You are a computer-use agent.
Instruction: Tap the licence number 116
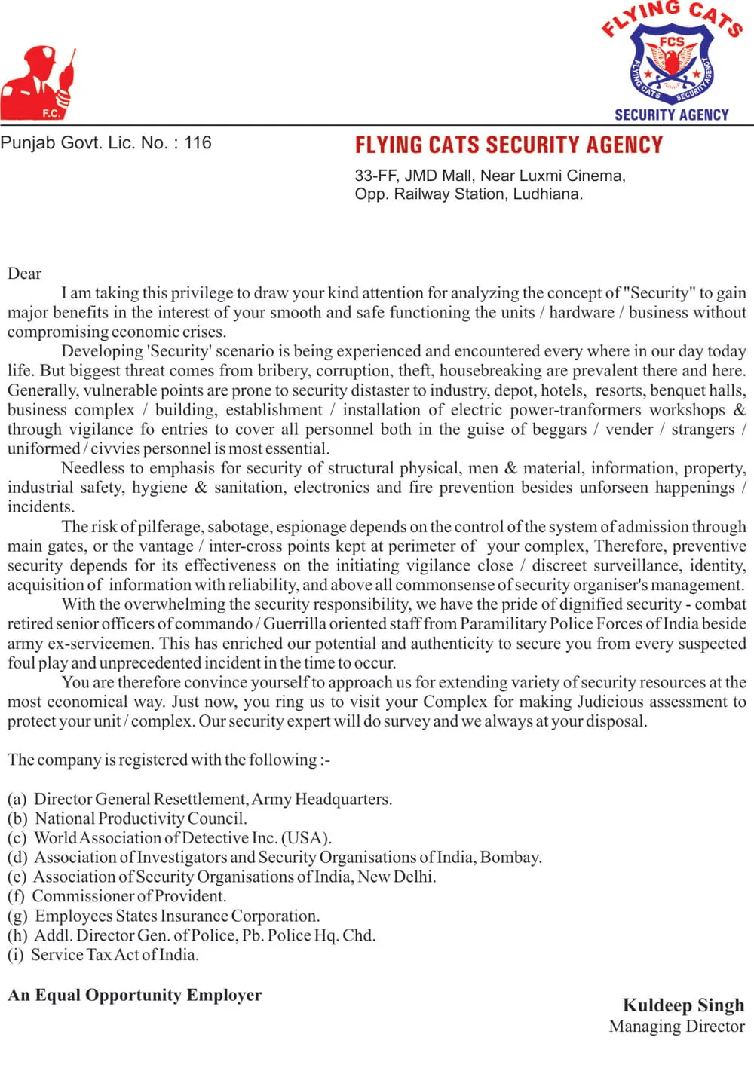click(x=198, y=142)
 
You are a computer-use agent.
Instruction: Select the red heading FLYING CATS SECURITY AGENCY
click(x=508, y=145)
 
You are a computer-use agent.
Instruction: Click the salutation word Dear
click(x=24, y=274)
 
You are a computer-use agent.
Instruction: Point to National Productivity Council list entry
click(x=140, y=818)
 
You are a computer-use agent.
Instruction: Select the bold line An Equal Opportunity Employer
click(x=135, y=995)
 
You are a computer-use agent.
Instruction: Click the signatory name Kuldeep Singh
click(x=683, y=1005)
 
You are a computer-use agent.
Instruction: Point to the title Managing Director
click(x=676, y=1026)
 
